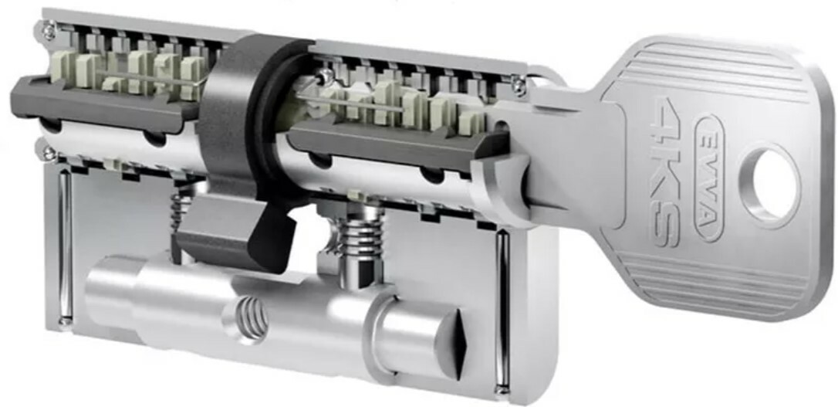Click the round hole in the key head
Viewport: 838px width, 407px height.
[x=770, y=185]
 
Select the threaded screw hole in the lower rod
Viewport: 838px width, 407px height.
[x=252, y=319]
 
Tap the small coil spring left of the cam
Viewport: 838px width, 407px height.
[x=179, y=212]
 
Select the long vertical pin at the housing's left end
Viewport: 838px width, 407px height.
[x=65, y=247]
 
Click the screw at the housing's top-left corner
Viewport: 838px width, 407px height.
[x=49, y=30]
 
